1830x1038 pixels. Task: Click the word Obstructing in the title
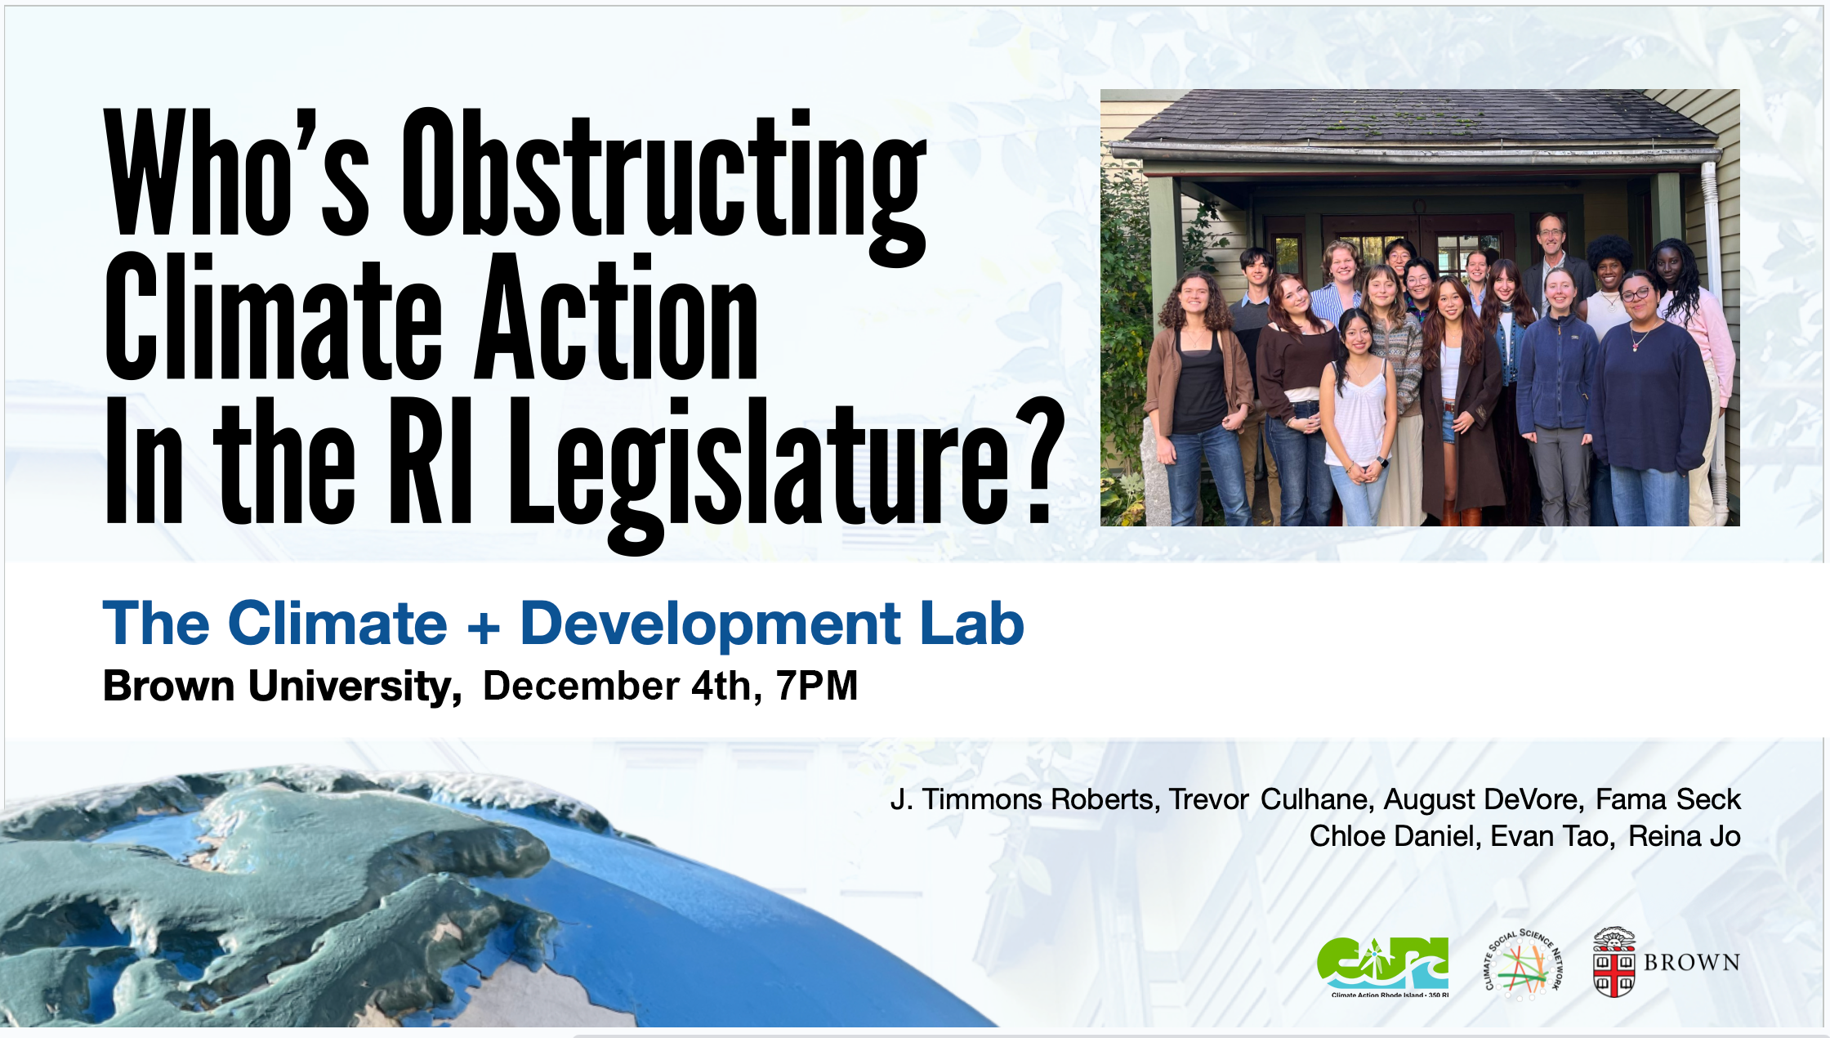[663, 186]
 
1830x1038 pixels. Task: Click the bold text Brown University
[282, 687]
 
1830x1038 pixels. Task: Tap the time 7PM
[817, 685]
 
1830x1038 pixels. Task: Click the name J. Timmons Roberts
[1025, 799]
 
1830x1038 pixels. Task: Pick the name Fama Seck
[1668, 799]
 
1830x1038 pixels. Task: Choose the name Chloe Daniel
[1395, 836]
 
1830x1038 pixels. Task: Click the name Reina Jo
[1685, 836]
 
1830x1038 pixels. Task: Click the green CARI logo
[1383, 967]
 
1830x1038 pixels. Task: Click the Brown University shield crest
[1614, 962]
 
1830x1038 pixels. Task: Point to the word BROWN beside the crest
[1692, 963]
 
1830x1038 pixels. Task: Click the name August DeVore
[1482, 799]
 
